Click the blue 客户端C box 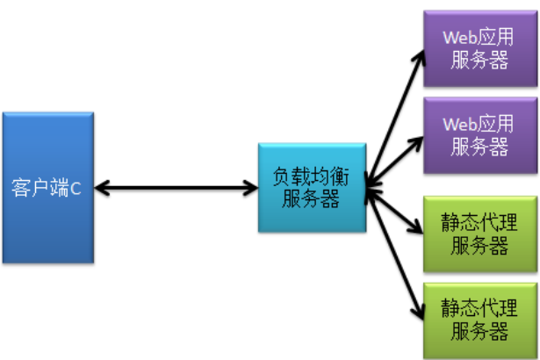tap(47, 187)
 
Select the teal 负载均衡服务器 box tap(311, 187)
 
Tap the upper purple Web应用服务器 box tap(479, 48)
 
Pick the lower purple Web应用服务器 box tap(479, 134)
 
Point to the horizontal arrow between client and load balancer tap(176, 187)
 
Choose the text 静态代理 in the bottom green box tap(479, 308)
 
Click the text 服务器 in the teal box tap(311, 199)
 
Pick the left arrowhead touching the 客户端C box tap(99, 187)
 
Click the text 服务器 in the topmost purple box tap(479, 61)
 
